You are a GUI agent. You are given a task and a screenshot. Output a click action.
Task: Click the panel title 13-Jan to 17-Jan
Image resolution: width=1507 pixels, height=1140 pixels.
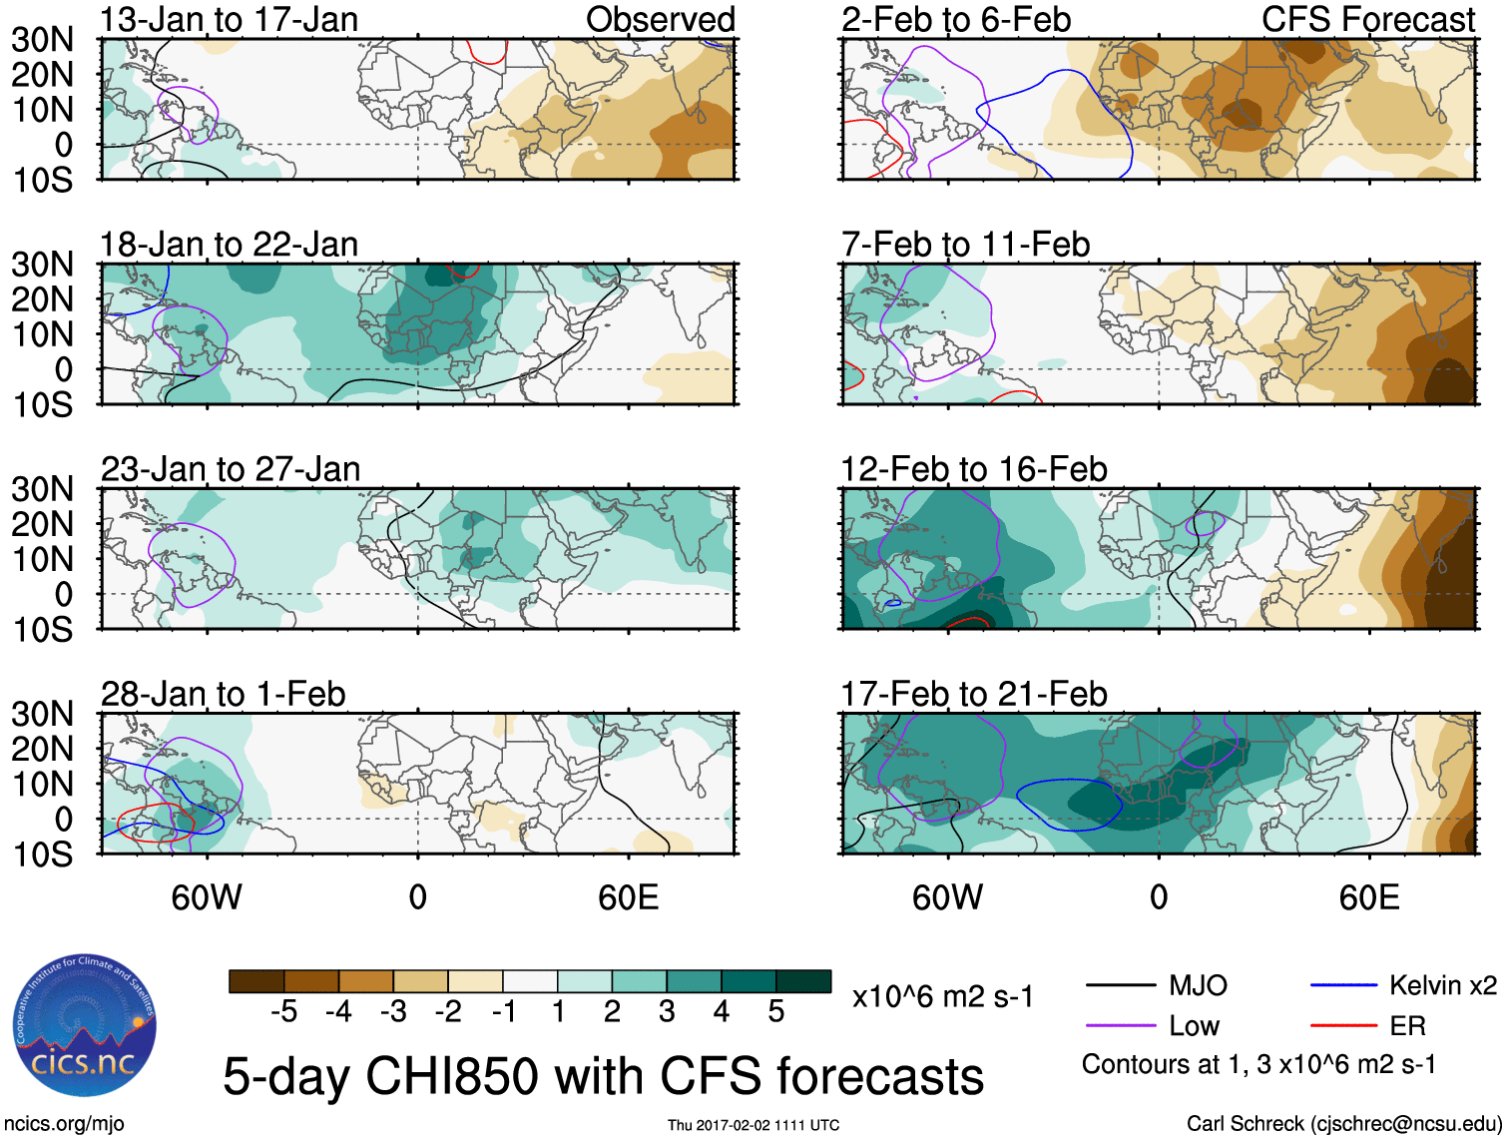click(229, 20)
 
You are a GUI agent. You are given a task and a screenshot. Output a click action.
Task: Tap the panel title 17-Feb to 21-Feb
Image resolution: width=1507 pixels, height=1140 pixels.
click(973, 694)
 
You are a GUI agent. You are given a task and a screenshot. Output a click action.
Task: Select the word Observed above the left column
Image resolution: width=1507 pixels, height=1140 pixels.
click(660, 20)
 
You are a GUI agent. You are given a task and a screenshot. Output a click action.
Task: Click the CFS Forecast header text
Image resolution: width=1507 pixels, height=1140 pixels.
click(1367, 20)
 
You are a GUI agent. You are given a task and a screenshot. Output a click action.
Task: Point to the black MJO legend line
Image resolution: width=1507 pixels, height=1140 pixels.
click(1120, 986)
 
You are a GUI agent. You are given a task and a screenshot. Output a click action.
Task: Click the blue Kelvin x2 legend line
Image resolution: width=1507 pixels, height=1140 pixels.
click(1343, 986)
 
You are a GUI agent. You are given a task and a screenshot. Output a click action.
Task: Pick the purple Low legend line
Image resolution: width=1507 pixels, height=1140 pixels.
click(1120, 1026)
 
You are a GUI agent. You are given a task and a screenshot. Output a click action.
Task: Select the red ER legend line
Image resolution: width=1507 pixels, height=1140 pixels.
click(1343, 1026)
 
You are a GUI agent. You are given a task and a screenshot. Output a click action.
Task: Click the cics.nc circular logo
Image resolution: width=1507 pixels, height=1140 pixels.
click(84, 1026)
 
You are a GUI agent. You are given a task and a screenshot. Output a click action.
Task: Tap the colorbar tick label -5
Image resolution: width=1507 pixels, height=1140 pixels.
click(284, 1012)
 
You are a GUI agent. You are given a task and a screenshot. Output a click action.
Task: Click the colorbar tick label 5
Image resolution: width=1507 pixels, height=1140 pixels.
click(776, 1012)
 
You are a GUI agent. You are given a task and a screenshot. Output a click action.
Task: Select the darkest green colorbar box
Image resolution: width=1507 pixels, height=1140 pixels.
click(803, 981)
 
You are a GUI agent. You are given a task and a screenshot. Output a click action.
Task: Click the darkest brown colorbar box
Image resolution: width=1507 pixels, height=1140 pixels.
click(256, 981)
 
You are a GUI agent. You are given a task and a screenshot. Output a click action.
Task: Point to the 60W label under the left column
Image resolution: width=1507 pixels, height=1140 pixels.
click(207, 897)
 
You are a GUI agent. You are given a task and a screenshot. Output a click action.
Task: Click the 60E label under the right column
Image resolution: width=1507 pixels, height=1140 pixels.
click(1368, 897)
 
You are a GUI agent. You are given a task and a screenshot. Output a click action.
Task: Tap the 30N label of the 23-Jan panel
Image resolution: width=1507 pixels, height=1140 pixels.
click(42, 489)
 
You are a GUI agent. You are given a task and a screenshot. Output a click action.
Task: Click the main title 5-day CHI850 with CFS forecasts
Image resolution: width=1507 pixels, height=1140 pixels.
click(603, 1076)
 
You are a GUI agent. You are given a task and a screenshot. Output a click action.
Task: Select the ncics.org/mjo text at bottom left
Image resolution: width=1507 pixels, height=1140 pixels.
click(64, 1124)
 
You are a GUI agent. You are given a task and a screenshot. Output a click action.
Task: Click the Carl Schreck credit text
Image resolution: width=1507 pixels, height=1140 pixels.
click(1343, 1124)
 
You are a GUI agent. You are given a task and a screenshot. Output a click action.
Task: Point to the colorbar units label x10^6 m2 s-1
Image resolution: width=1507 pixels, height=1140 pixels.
click(942, 996)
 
